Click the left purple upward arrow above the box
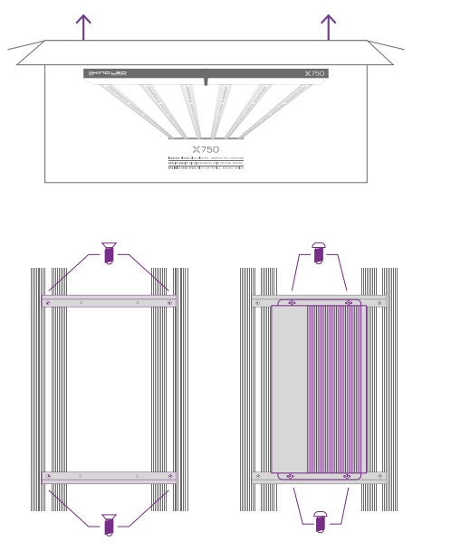click(83, 26)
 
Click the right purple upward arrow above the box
click(328, 26)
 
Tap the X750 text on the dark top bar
click(314, 73)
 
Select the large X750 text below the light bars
click(206, 149)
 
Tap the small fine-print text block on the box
click(206, 163)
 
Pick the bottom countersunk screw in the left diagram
click(109, 524)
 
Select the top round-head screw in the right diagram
click(318, 252)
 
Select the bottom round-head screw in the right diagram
click(319, 521)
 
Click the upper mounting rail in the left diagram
click(109, 301)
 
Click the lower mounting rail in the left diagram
click(109, 476)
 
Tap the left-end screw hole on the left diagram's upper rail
click(49, 301)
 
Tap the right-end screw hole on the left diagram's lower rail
click(169, 476)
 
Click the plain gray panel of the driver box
click(289, 389)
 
